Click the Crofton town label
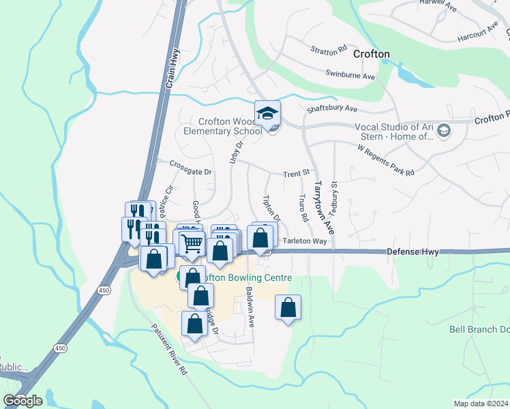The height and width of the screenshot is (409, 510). click(371, 54)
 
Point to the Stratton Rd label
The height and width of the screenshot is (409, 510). click(329, 50)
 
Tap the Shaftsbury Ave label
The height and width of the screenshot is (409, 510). click(332, 108)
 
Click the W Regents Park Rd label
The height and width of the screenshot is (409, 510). click(386, 160)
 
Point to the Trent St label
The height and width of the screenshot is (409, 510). click(297, 175)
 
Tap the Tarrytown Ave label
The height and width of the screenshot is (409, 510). click(317, 203)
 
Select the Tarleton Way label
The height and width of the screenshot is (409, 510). click(305, 241)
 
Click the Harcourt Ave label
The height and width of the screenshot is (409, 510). click(478, 34)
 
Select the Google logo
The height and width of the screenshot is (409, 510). click(22, 400)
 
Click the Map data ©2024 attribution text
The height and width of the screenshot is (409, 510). click(481, 404)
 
